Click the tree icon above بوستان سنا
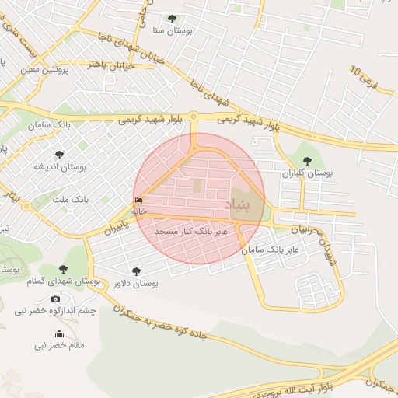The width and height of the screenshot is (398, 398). pos(172,19)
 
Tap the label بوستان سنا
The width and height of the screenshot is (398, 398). pos(172,31)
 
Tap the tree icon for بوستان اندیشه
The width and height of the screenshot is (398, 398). pos(59,155)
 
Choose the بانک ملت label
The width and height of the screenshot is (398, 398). pos(71,200)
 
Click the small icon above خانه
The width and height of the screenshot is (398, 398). pos(138,201)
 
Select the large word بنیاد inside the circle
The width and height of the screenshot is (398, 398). pos(239,204)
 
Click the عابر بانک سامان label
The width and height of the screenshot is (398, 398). pos(270,250)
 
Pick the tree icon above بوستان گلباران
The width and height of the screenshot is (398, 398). pos(307,161)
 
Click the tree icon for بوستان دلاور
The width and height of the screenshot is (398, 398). pos(137,271)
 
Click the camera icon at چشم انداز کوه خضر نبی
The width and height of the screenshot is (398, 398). pos(55,298)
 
